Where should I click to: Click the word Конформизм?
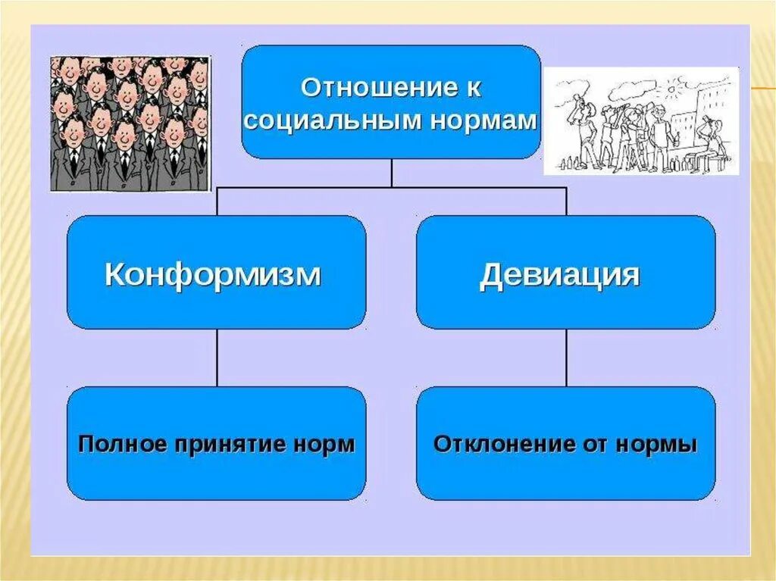[213, 274]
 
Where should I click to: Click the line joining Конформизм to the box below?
[217, 358]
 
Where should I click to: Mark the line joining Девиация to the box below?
[565, 358]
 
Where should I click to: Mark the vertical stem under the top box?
[391, 173]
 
